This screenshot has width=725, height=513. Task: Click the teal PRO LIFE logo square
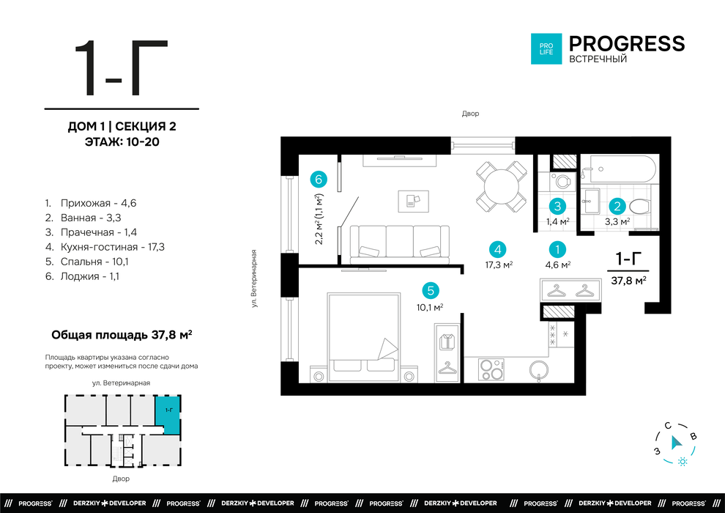tap(546, 48)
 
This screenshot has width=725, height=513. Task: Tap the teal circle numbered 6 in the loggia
tap(319, 179)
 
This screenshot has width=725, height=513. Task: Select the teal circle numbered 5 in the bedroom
tap(431, 290)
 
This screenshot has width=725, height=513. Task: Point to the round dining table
tap(501, 186)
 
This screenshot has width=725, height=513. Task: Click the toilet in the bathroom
tap(639, 207)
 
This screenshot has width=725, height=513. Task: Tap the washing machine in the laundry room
tap(562, 181)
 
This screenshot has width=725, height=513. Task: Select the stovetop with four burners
tap(491, 369)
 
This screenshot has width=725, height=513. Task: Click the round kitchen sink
tap(539, 369)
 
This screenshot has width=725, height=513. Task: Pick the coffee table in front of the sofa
tap(413, 202)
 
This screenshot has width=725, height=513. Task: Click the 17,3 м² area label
tap(499, 265)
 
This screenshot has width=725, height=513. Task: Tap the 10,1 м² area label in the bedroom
tap(430, 307)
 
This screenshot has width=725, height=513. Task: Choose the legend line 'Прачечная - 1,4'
tap(91, 232)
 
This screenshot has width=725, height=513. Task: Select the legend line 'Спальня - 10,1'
tap(87, 262)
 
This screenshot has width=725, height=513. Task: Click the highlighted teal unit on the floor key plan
tap(168, 414)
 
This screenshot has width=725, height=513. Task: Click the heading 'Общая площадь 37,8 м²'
tap(122, 334)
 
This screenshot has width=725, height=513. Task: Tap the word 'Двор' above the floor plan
tap(470, 114)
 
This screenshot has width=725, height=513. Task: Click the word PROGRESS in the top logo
tap(627, 43)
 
